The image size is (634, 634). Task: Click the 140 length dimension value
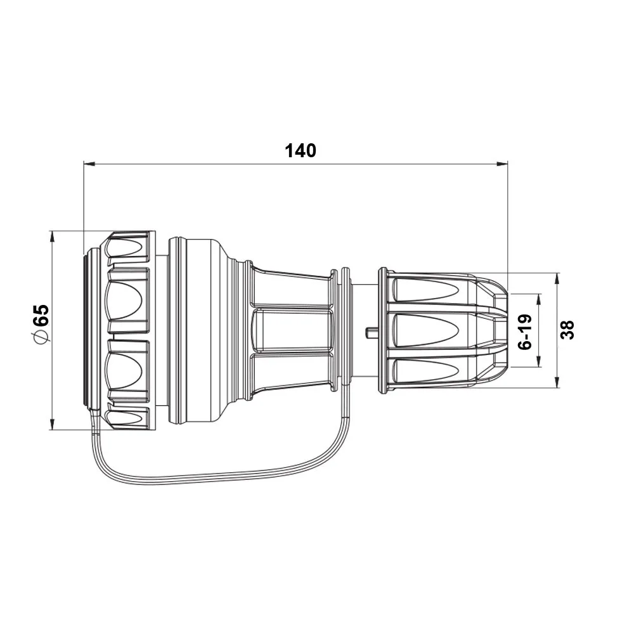301,150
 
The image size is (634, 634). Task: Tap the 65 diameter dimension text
42,315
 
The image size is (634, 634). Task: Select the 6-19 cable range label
525,332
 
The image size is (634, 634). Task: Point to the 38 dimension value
567,330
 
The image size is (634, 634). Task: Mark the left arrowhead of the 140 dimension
89,164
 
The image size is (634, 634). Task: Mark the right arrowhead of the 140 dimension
502,164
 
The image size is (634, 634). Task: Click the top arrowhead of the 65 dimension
52,236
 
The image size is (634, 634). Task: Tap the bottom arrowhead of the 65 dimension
52,424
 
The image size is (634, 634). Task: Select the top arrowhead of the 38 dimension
557,279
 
